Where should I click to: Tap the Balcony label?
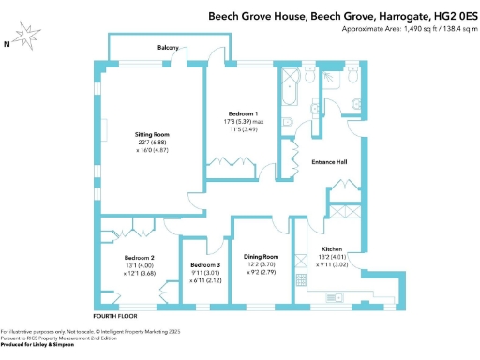click(169, 49)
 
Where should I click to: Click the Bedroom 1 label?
click(243, 114)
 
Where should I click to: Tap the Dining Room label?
click(262, 256)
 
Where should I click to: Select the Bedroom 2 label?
click(139, 257)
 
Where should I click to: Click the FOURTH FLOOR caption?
click(115, 316)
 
